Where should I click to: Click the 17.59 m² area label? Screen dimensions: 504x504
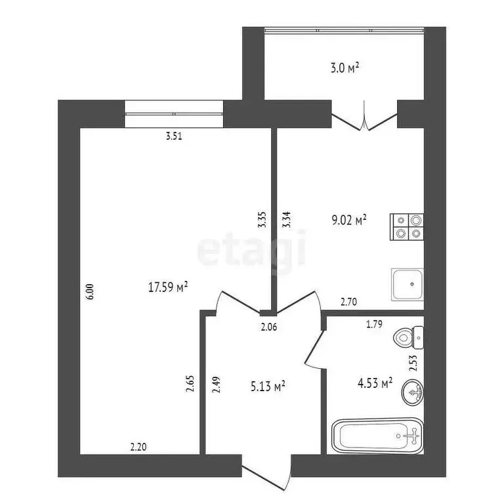pyautogui.click(x=169, y=286)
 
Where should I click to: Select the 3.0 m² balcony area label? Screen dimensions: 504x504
pyautogui.click(x=344, y=68)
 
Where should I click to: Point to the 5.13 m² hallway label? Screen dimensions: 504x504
pyautogui.click(x=266, y=388)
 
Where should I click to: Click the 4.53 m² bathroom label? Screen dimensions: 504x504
pyautogui.click(x=374, y=382)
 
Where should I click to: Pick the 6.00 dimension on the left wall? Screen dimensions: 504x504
pyautogui.click(x=91, y=291)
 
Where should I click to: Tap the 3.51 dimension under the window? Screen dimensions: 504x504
pyautogui.click(x=173, y=137)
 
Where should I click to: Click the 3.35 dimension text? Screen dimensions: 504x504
pyautogui.click(x=262, y=219)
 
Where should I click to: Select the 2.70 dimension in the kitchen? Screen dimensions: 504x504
pyautogui.click(x=348, y=303)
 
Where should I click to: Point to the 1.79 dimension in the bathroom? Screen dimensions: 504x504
pyautogui.click(x=375, y=323)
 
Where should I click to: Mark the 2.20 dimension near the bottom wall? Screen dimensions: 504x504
pyautogui.click(x=138, y=447)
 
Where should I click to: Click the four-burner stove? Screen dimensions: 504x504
pyautogui.click(x=408, y=226)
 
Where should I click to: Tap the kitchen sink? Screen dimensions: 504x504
pyautogui.click(x=408, y=284)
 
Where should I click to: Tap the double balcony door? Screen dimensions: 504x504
pyautogui.click(x=364, y=119)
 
